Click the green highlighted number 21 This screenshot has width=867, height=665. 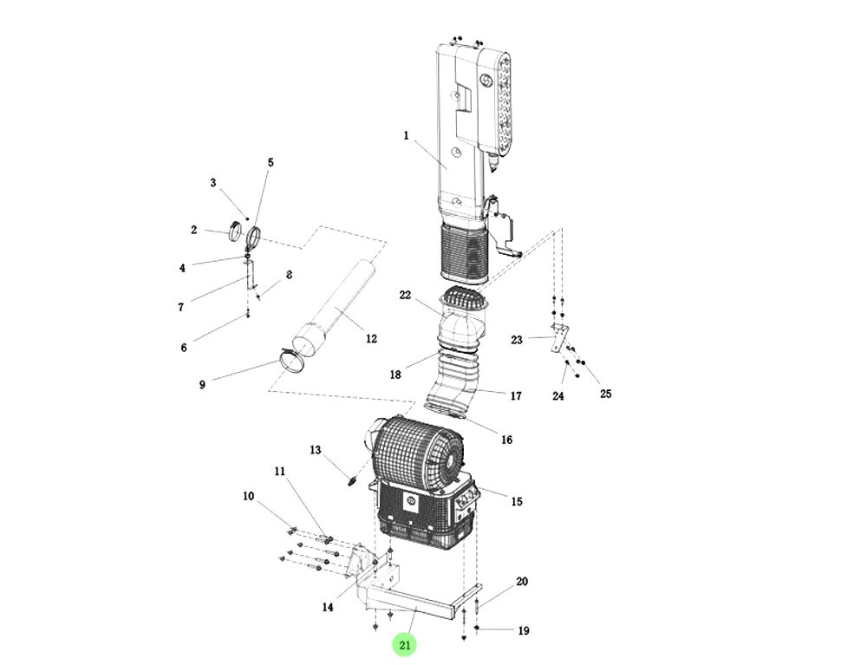point(405,644)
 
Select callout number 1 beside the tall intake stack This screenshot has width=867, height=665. point(405,135)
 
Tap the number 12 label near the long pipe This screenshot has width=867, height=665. point(371,338)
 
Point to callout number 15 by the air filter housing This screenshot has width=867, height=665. point(517,501)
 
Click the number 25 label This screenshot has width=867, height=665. point(605,394)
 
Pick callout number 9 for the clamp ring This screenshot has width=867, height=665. point(202,384)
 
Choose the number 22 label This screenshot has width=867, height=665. point(405,295)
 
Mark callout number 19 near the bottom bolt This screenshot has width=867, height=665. point(523,631)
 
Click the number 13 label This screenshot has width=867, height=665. point(316,450)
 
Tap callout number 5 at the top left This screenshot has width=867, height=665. point(270,162)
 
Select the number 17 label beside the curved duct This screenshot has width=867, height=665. point(516,395)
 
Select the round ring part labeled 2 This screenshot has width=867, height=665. point(235,232)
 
